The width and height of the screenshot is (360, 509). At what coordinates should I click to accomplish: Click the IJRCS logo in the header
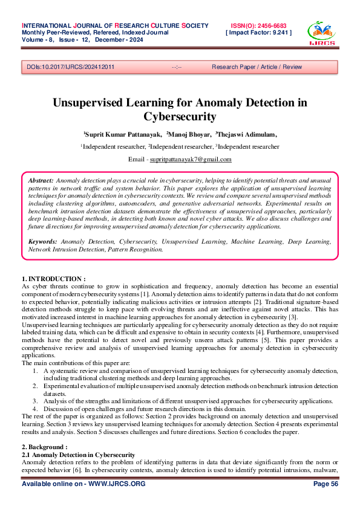[320, 34]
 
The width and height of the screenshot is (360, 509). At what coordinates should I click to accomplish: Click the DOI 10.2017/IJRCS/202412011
[71, 66]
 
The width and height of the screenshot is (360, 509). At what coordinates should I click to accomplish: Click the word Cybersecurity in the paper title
[180, 116]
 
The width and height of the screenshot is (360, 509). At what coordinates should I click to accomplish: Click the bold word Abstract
[41, 181]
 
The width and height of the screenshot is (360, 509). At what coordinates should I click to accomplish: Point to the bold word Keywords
[44, 241]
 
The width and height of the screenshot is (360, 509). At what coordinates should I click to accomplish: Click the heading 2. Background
[44, 447]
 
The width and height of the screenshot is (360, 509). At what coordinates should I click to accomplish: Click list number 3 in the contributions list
[36, 400]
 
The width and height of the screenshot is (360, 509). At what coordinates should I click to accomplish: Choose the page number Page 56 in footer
[326, 485]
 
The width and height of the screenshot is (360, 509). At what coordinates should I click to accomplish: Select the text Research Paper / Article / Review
[257, 66]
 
